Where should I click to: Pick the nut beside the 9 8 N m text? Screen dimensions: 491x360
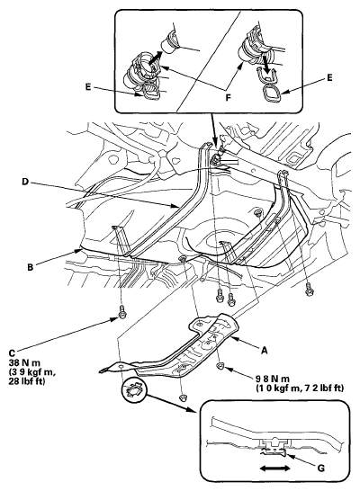click(221, 368)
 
